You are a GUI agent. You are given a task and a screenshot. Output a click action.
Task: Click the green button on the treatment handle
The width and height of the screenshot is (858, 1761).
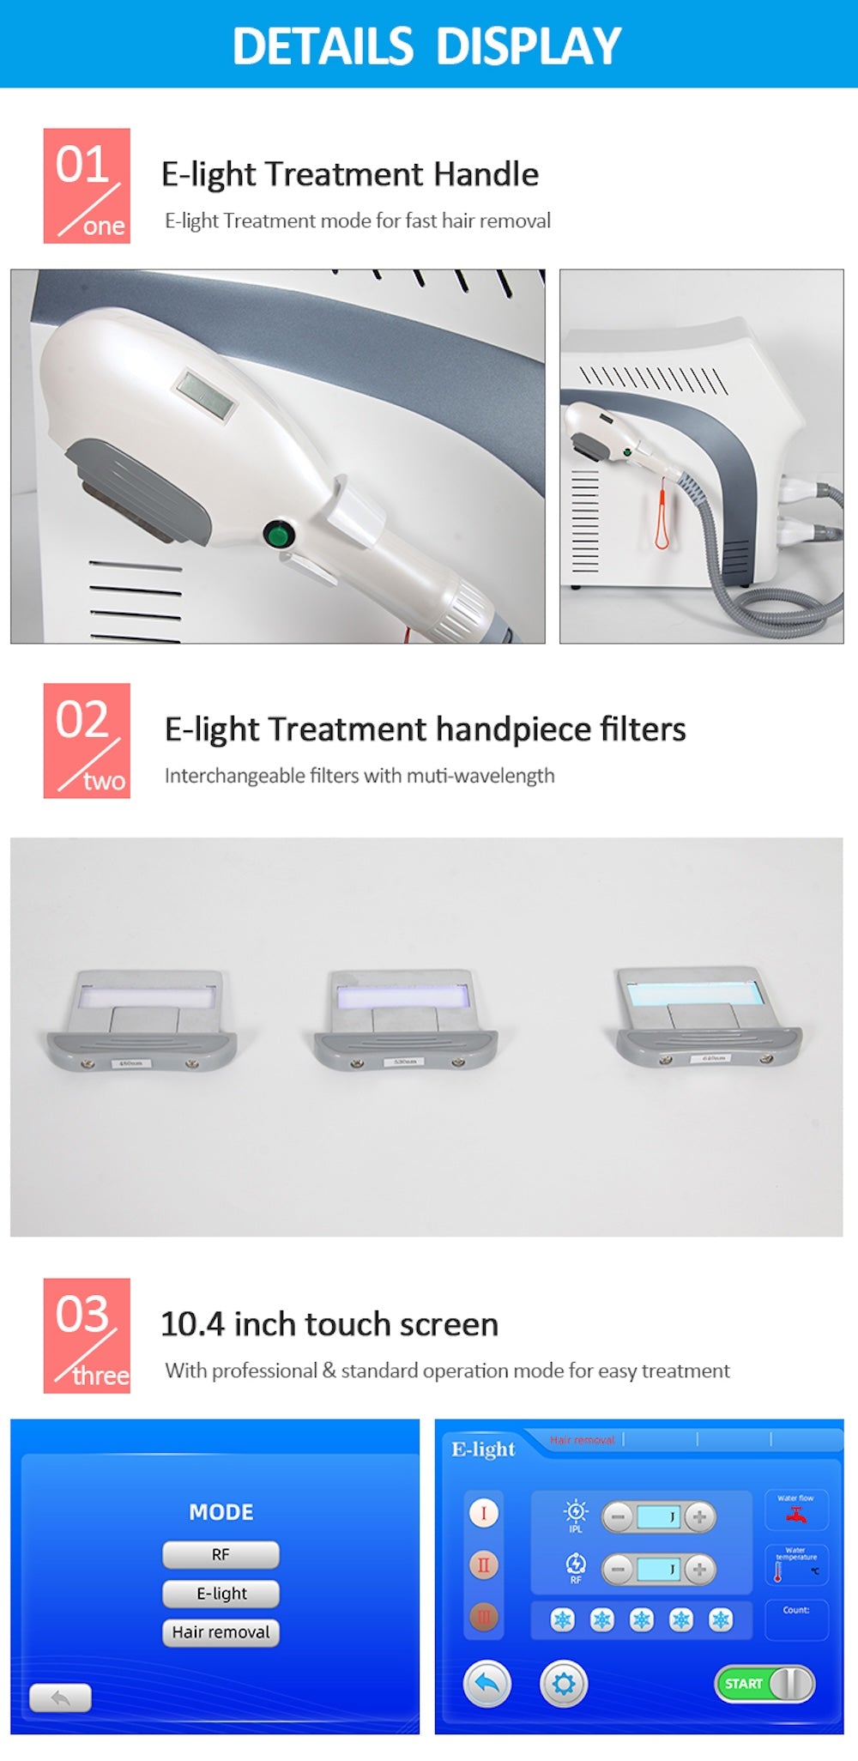[278, 536]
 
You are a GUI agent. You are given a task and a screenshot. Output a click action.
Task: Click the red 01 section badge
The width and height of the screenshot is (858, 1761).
[87, 186]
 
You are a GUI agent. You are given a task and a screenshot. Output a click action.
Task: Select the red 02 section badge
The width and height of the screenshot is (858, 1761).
[87, 741]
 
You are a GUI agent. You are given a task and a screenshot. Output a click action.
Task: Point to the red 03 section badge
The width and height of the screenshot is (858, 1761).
[87, 1335]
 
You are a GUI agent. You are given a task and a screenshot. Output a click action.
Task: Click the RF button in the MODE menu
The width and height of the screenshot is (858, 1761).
[221, 1555]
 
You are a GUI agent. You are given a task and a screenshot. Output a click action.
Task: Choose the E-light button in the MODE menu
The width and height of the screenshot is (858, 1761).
[221, 1594]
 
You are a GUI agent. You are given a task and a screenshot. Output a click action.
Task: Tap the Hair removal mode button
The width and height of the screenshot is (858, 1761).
[221, 1632]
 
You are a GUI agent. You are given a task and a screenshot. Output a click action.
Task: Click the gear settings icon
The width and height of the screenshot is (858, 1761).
[564, 1684]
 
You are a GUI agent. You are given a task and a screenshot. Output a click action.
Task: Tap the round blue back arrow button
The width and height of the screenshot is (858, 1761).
[486, 1684]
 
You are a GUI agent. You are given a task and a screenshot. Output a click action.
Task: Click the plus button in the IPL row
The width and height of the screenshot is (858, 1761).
[699, 1516]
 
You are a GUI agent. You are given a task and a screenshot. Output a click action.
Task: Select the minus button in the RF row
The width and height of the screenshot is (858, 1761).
[617, 1570]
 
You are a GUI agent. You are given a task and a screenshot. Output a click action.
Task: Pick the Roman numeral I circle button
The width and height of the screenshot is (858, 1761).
[484, 1513]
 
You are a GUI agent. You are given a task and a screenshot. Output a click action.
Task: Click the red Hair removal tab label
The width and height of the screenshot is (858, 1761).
[583, 1440]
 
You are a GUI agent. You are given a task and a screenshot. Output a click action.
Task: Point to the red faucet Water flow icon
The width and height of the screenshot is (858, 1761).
[796, 1516]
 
